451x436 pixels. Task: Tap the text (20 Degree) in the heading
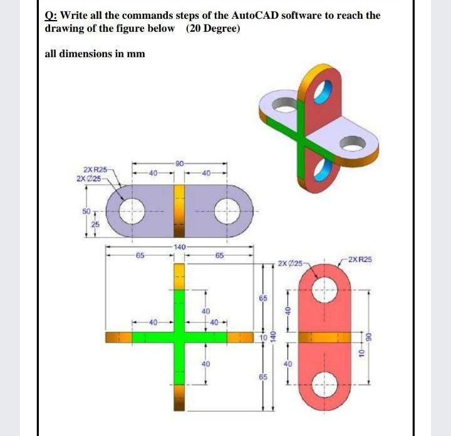pyautogui.click(x=212, y=29)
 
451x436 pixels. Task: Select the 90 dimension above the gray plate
pyautogui.click(x=179, y=163)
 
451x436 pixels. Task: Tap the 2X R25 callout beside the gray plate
pyautogui.click(x=95, y=170)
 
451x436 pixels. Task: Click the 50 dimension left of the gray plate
pyautogui.click(x=88, y=211)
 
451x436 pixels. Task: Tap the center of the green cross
pyautogui.click(x=179, y=337)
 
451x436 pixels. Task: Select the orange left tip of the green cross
pyautogui.click(x=118, y=337)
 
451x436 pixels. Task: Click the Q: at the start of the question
pyautogui.click(x=49, y=15)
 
